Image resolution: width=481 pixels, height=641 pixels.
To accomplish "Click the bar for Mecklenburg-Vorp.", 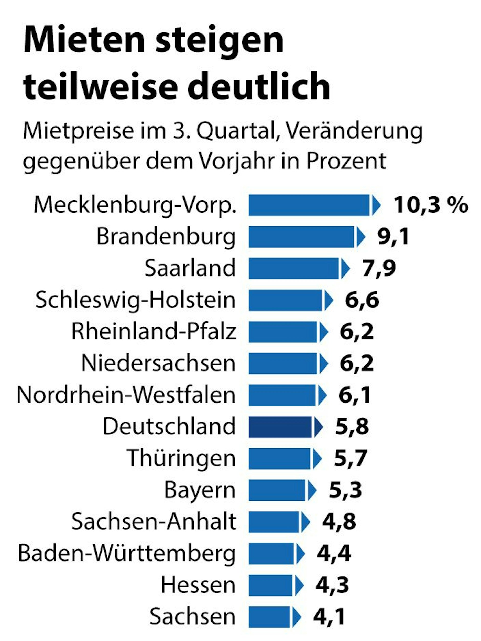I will (309, 205).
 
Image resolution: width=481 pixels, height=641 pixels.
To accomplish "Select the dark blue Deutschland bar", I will (280, 427).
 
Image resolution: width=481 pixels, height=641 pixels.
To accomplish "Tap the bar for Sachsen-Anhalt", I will (274, 522).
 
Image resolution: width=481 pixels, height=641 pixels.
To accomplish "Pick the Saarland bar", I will (294, 268).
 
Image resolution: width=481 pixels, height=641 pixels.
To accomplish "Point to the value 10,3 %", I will (431, 205).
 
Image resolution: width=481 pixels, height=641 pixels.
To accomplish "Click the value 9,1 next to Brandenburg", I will (393, 237).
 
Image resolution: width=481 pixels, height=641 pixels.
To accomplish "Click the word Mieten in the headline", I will (84, 40).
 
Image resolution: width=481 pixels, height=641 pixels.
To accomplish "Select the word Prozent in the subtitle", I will (346, 161).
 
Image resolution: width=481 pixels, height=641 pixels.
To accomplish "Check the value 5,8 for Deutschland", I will (352, 427).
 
